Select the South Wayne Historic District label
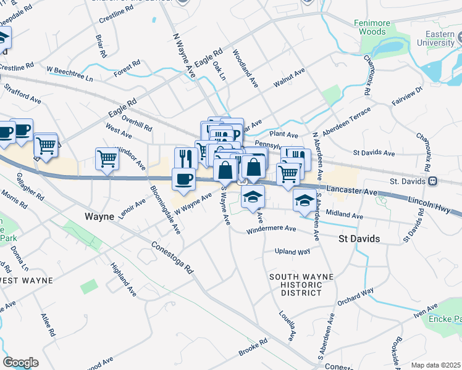coord(296,284)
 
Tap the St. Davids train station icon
coord(433,181)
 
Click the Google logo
coord(20,362)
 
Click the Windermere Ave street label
coord(271,230)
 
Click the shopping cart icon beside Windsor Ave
coord(107,159)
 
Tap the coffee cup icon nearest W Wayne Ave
coord(183,179)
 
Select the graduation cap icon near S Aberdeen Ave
coord(304,200)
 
